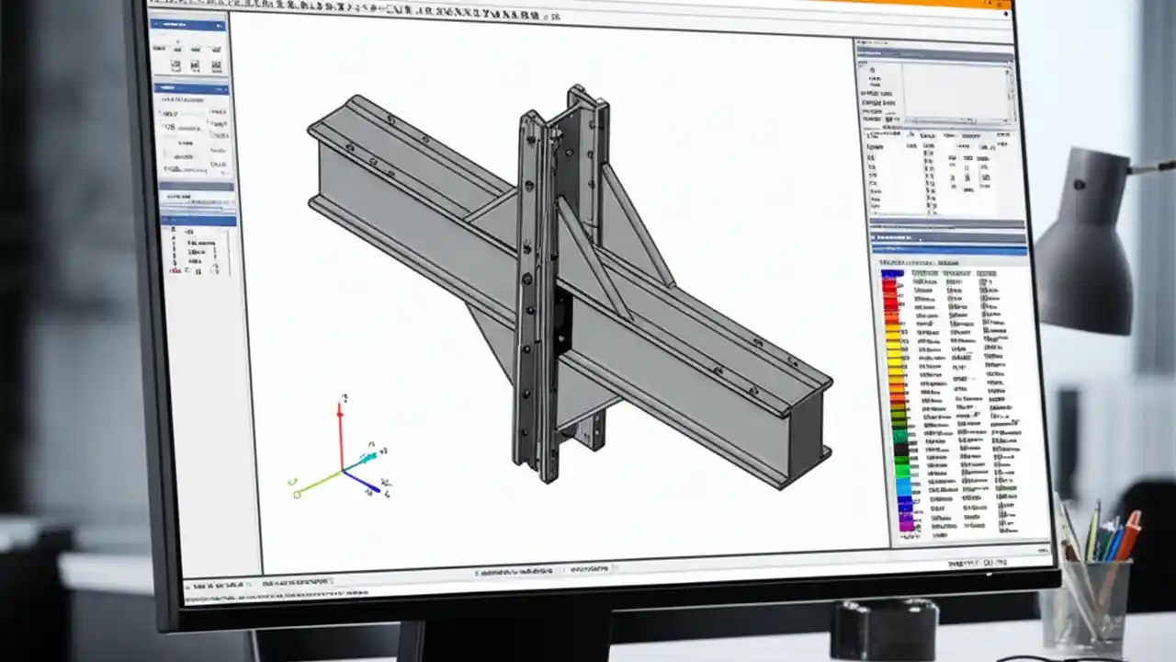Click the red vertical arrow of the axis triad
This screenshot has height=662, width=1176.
[x=340, y=432]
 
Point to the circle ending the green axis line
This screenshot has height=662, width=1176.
[x=298, y=495]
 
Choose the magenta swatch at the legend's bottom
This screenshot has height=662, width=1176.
[x=906, y=523]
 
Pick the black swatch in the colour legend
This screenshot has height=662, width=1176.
[x=901, y=451]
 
